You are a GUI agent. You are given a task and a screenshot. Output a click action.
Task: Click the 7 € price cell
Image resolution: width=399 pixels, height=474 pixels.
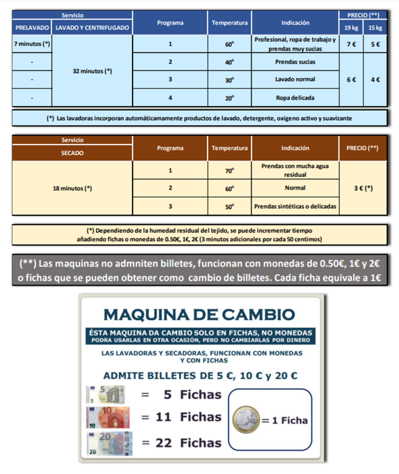pos(351,44)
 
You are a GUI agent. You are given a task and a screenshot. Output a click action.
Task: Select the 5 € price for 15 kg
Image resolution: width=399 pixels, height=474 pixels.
pos(375,44)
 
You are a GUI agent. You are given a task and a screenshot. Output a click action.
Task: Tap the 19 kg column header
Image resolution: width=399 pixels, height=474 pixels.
pos(351,28)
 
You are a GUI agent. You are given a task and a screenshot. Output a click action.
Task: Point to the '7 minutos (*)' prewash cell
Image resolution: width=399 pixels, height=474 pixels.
pos(32,44)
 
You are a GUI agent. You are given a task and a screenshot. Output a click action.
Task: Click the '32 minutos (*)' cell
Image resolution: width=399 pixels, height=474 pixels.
pos(92,71)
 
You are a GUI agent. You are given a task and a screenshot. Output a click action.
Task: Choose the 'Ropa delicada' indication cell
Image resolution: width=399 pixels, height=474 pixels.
pos(295,98)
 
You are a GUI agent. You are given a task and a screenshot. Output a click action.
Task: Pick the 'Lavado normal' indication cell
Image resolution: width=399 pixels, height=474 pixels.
pos(295,80)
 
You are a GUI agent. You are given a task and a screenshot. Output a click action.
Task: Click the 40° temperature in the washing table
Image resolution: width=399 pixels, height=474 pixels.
pos(229,62)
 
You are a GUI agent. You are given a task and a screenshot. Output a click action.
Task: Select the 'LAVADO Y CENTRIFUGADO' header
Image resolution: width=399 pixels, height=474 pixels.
pos(92,28)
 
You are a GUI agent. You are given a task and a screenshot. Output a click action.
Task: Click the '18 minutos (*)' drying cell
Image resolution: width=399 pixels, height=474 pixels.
pos(72,188)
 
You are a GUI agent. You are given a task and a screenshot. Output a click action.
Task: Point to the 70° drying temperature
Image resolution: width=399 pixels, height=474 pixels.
pos(229,170)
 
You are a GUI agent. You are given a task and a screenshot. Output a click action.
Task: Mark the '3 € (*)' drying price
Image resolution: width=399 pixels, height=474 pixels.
pos(363,188)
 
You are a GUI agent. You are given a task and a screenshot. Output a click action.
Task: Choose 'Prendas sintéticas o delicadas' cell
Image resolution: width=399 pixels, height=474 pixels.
pos(295,206)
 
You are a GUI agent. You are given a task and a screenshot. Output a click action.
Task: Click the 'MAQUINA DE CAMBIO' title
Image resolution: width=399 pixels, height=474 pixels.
pos(199,314)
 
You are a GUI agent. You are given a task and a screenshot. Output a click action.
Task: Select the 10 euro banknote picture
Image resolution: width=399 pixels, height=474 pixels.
pos(108,417)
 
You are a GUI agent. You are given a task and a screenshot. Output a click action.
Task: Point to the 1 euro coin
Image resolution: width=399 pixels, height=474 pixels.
pos(246,420)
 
